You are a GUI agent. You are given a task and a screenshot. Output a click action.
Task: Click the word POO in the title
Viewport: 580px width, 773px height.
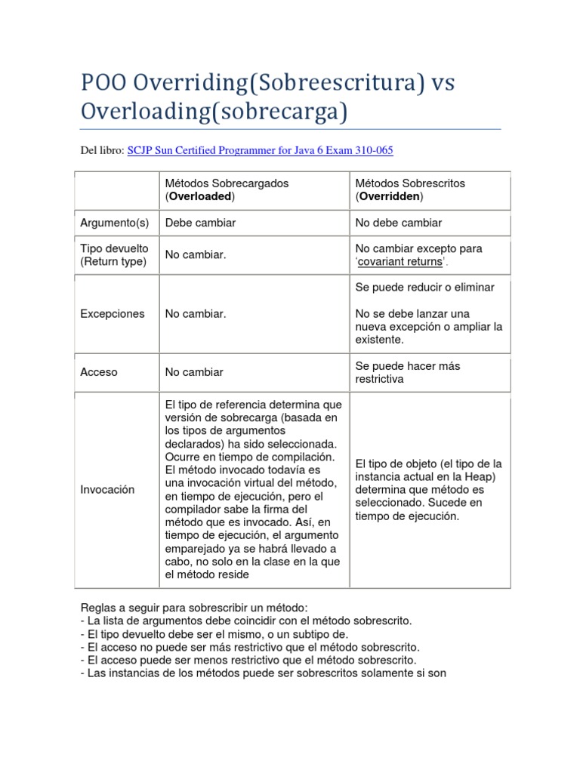[104, 82]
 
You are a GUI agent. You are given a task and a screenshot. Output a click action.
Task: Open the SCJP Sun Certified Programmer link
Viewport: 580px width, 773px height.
[260, 150]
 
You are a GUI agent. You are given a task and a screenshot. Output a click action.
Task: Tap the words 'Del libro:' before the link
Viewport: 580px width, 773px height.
[101, 150]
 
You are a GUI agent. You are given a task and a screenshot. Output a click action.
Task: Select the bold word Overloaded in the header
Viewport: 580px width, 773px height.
[200, 196]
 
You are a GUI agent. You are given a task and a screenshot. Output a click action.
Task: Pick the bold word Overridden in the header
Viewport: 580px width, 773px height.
[390, 196]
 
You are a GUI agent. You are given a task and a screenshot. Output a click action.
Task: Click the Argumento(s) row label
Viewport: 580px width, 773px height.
[115, 223]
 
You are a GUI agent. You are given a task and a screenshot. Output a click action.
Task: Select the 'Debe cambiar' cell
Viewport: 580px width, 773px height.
[200, 223]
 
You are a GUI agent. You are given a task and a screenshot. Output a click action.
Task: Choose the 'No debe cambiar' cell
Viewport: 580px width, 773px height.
[398, 223]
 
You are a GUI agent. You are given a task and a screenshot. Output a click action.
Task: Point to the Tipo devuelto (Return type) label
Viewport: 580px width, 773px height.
[115, 255]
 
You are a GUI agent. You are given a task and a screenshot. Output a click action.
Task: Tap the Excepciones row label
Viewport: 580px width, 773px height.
[113, 313]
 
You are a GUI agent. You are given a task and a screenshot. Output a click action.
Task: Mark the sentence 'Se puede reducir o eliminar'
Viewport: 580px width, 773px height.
[424, 287]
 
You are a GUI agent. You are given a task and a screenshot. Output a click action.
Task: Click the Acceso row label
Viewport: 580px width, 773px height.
[99, 372]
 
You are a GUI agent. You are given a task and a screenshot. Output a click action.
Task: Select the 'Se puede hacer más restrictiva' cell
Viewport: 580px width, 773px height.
[408, 372]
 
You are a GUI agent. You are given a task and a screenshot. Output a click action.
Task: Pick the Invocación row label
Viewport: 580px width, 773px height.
[107, 489]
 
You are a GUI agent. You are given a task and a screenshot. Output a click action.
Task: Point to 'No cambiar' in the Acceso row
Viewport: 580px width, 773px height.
[194, 372]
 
